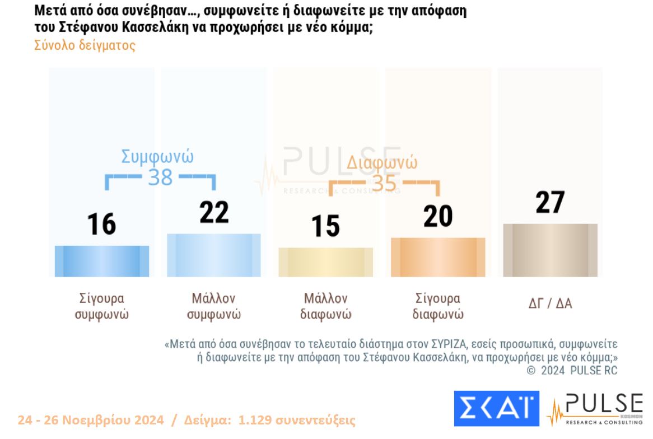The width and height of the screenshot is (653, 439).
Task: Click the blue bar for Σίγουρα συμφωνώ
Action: [102, 261]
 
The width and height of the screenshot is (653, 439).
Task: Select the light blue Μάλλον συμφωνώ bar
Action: [214, 255]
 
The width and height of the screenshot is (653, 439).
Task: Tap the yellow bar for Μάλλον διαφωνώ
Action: [326, 261]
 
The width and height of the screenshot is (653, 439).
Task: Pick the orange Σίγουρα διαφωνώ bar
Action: [438, 257]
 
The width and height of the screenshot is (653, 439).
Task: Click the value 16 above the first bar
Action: [102, 225]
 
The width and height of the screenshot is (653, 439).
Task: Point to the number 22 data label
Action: [214, 213]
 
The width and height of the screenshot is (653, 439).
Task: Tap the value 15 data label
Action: [326, 226]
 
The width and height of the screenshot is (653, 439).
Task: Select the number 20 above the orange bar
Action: [438, 216]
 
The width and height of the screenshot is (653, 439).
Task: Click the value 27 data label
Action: [550, 203]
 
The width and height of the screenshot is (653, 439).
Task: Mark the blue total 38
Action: [160, 178]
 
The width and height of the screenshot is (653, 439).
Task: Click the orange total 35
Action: [384, 183]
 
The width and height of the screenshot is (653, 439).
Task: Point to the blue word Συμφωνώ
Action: [157, 157]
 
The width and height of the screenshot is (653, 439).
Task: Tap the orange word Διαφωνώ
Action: [382, 163]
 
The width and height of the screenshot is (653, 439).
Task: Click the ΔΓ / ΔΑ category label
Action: [550, 304]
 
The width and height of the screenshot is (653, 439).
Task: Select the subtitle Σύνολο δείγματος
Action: [85, 45]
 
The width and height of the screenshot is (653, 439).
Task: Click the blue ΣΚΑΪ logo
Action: [496, 409]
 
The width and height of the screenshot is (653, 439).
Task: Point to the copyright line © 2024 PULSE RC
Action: [572, 370]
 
